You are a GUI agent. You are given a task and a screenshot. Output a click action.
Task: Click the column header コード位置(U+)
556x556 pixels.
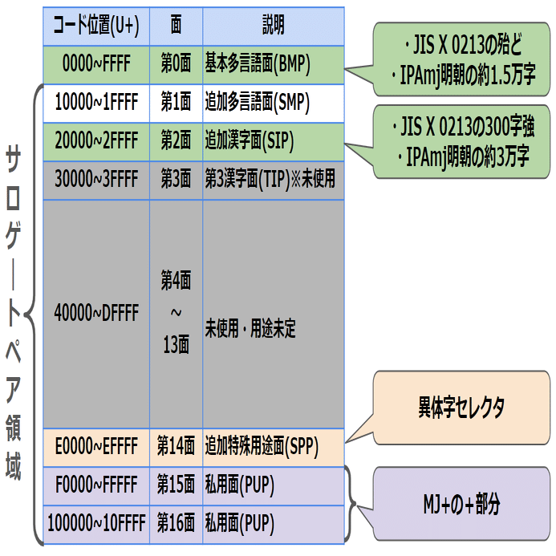point(96,26)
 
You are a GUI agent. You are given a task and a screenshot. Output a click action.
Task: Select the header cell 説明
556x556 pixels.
point(273,26)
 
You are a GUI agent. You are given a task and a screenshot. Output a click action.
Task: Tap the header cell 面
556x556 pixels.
point(176,26)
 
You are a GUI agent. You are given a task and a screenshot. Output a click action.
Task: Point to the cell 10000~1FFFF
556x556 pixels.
point(96,103)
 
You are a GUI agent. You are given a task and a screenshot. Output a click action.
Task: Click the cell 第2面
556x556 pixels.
point(176,141)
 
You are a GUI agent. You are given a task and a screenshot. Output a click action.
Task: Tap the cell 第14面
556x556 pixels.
point(176,445)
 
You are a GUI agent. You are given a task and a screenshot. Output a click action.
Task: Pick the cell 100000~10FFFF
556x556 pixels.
point(96,525)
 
